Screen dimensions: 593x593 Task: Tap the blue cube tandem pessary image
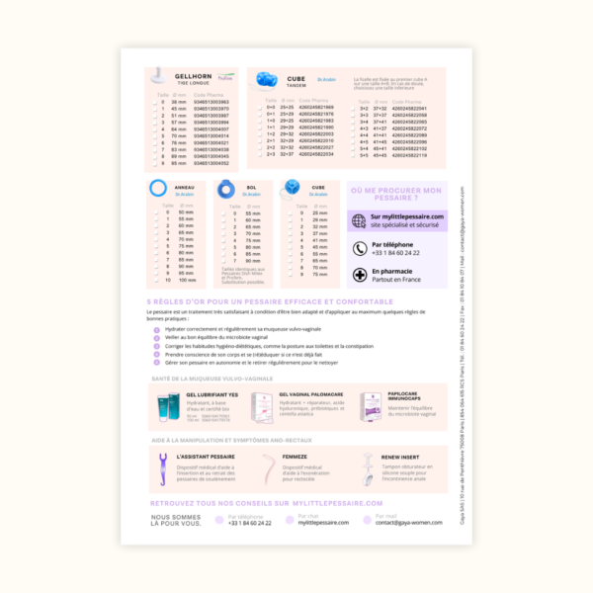268,79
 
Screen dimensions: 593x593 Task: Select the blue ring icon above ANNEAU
157,188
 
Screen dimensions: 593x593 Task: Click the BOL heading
251,186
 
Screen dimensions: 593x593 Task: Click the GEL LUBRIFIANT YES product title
212,394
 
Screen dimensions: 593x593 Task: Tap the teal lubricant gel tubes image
167,407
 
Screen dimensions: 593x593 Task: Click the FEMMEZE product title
295,457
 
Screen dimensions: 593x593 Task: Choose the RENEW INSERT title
400,457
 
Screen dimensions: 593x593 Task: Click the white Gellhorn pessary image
158,77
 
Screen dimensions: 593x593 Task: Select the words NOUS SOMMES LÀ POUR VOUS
177,519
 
